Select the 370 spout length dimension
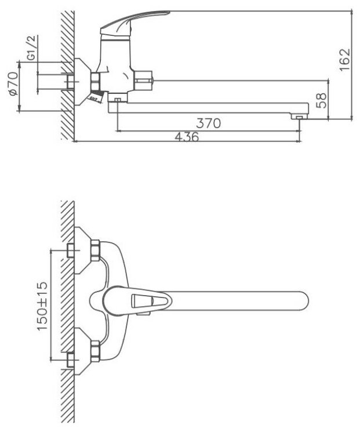tap(209, 122)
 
